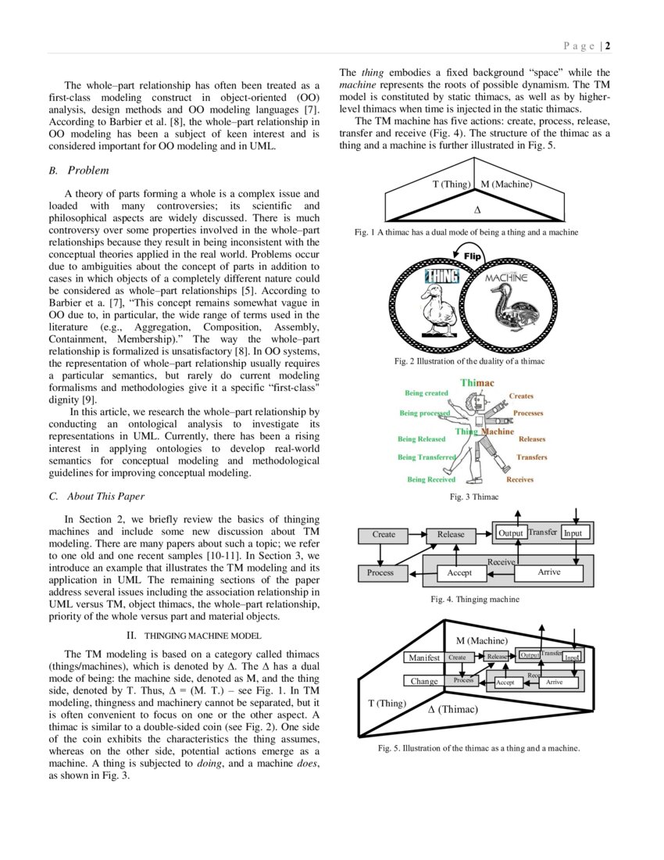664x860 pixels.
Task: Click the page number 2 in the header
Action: point(607,45)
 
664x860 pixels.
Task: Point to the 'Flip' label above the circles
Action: point(472,256)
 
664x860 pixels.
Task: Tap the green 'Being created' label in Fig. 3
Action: point(426,393)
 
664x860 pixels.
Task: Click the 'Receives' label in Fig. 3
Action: point(520,479)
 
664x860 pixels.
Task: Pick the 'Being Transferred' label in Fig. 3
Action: point(427,457)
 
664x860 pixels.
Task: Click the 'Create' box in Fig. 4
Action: point(384,535)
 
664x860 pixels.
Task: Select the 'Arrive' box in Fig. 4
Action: point(548,573)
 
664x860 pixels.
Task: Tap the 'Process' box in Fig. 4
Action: point(380,573)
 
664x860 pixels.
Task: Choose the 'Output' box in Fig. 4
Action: point(510,533)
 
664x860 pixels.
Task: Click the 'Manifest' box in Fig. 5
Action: point(424,658)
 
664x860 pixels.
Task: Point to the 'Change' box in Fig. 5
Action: point(424,681)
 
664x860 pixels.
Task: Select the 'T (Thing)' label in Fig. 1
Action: point(451,185)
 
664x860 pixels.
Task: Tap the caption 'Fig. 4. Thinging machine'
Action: point(475,600)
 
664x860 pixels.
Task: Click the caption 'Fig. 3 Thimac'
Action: point(474,496)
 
